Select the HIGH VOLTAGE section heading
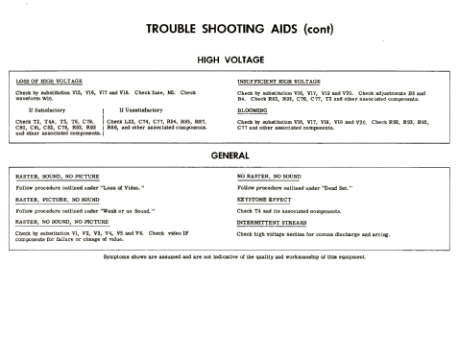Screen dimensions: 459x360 (229, 58)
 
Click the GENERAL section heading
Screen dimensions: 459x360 (229, 156)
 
